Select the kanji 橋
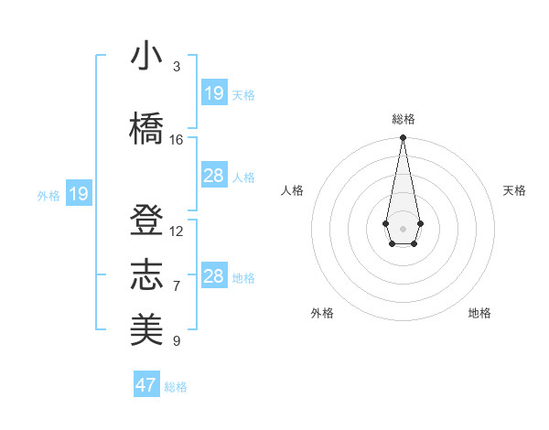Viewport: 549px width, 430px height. pos(146,129)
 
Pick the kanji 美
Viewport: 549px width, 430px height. pos(146,330)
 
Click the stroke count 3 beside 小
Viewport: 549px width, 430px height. pos(177,67)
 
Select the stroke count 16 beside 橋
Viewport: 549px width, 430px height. pos(177,140)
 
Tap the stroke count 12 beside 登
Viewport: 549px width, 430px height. pos(177,231)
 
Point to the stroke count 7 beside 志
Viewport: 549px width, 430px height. pos(177,286)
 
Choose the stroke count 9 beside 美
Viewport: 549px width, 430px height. pos(177,341)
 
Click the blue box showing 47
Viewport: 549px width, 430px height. pos(145,385)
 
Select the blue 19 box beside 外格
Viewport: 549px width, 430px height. pos(79,194)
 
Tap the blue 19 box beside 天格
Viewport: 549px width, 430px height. pos(213,93)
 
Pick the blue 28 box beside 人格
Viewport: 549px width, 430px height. pos(213,176)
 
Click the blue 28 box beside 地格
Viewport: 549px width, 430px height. pos(213,276)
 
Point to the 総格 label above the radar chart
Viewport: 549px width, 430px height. pos(404,119)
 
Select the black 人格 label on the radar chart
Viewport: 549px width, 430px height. pos(293,190)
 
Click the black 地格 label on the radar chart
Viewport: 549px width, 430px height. pos(479,313)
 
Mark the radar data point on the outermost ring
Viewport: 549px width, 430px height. pos(403,137)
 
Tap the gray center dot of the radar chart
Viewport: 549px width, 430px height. pos(403,227)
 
